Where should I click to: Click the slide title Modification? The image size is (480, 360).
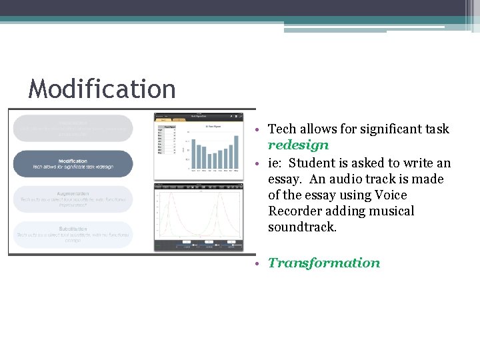click(x=102, y=89)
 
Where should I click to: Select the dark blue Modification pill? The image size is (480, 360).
click(x=73, y=164)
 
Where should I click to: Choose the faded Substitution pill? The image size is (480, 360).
click(x=73, y=233)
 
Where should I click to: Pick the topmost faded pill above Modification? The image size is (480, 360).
click(x=73, y=127)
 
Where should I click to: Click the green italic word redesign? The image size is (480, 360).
click(x=298, y=145)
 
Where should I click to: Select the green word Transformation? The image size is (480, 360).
click(x=324, y=263)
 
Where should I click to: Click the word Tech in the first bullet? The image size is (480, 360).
click(x=281, y=129)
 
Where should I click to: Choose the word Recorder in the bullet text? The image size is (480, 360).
click(x=295, y=211)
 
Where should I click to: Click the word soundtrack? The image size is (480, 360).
click(x=303, y=227)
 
